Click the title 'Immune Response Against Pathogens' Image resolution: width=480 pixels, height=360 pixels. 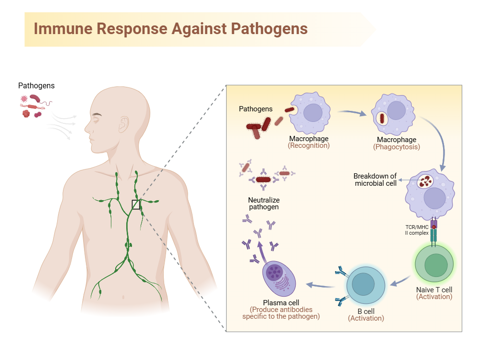[x=170, y=28]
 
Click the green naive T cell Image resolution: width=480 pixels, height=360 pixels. [x=434, y=265]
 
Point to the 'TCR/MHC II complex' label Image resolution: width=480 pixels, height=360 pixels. [x=416, y=230]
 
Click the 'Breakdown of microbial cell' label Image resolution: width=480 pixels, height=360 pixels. [x=375, y=180]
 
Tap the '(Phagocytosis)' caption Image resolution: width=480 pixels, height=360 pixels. [x=396, y=147]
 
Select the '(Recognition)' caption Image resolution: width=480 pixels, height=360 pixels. [x=309, y=145]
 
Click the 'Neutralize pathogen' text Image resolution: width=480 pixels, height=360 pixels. [x=264, y=204]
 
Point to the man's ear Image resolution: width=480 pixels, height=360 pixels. [x=124, y=124]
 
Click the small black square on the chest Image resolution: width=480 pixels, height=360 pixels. [x=136, y=205]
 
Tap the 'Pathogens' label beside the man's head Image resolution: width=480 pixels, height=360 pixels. [x=36, y=86]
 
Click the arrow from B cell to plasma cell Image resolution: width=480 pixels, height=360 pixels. [x=321, y=286]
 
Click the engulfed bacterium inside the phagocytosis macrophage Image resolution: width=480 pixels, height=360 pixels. [x=383, y=118]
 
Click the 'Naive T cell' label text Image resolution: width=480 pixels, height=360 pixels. [x=434, y=289]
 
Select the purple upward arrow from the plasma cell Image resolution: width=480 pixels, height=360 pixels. [x=260, y=250]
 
